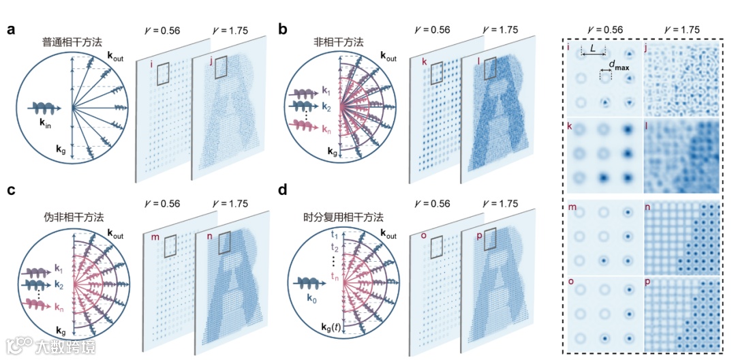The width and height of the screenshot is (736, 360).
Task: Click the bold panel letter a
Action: coord(12,30)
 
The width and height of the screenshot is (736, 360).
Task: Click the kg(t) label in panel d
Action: coord(334,327)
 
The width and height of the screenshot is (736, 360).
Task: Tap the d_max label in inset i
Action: coord(619,65)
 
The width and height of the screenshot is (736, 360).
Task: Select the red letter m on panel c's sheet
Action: coord(154,239)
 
